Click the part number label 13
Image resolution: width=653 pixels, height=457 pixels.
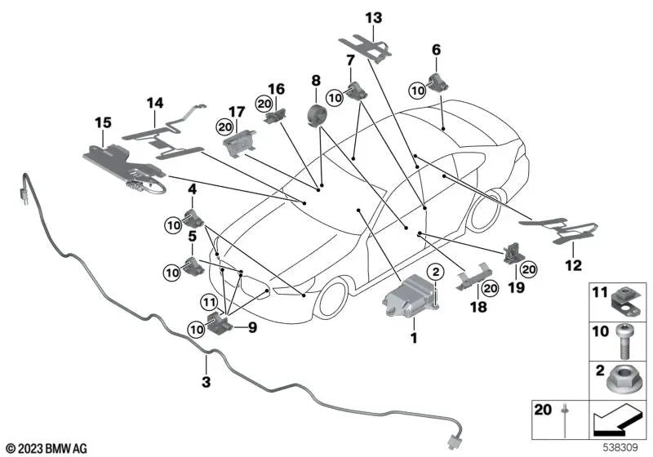coord(373,17)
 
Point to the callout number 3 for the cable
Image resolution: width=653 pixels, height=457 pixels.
coord(207,381)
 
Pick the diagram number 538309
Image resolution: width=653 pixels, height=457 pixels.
coord(624,448)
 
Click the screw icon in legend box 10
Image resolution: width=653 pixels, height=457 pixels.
coord(620,340)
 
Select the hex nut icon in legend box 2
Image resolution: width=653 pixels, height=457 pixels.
coord(620,379)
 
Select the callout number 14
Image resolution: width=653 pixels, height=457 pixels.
coord(155,103)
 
